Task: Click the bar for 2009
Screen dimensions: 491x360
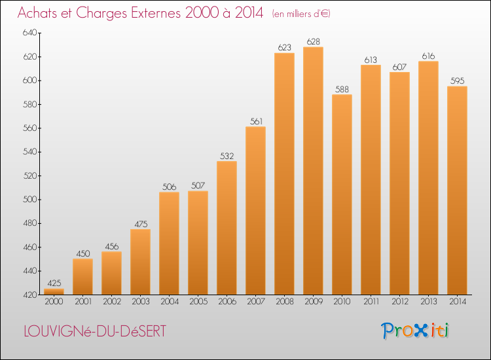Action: [313, 171]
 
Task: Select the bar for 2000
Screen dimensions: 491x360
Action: [54, 291]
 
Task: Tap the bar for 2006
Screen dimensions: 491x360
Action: [227, 228]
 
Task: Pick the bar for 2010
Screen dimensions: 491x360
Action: [342, 194]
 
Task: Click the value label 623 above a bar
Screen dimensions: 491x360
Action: [284, 48]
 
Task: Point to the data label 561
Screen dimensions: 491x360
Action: [256, 121]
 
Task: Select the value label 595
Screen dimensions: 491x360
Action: [457, 81]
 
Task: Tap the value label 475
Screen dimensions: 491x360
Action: [141, 224]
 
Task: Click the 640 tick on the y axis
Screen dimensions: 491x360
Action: [29, 33]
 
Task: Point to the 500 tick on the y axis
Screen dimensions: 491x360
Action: [29, 200]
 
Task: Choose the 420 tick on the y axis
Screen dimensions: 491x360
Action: [29, 295]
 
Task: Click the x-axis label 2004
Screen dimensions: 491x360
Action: [170, 302]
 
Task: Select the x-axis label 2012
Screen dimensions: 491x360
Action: [400, 302]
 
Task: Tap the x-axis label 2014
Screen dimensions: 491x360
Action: [458, 302]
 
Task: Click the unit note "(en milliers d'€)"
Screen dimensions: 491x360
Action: [301, 14]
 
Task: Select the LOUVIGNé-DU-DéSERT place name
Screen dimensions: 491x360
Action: [95, 331]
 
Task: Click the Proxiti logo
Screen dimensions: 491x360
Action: [415, 331]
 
